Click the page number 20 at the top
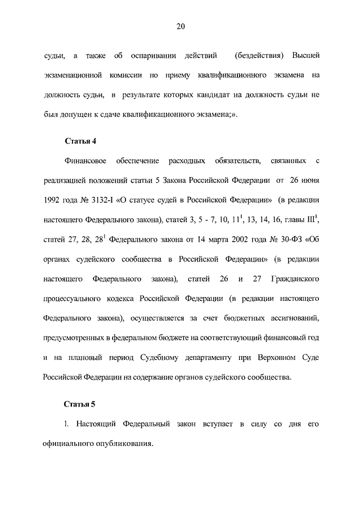(x=180, y=26)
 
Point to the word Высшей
(x=307, y=56)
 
